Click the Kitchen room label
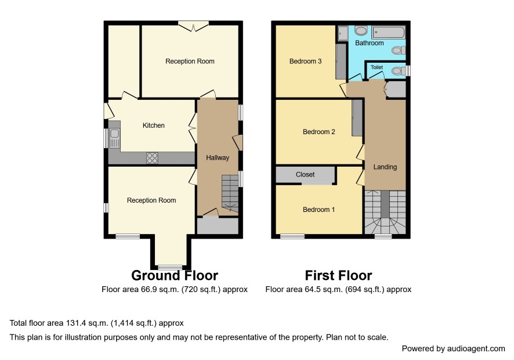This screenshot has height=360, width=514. pos(153,125)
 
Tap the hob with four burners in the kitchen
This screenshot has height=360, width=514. pos(152,158)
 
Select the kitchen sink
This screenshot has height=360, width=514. pos(114,138)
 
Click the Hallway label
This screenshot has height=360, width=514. pos(218,157)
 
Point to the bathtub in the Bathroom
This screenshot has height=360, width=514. pos(389,33)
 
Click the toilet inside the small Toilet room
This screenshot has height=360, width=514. pos(399,71)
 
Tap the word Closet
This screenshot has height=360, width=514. pos(305,175)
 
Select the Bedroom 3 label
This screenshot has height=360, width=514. pos(305,62)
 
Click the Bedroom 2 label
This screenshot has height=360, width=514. pos(318,132)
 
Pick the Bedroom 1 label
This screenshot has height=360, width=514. pos(318,210)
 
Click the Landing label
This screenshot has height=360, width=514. pos(385,167)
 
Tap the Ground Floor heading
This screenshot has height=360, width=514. pos(175,275)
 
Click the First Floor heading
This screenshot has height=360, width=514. pos(338,275)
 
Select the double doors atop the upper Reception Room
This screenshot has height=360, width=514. pos(193,26)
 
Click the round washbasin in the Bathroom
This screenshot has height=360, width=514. pos(361,31)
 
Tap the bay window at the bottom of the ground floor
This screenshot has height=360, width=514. pos(170,267)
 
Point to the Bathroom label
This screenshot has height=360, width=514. pos(369,43)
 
